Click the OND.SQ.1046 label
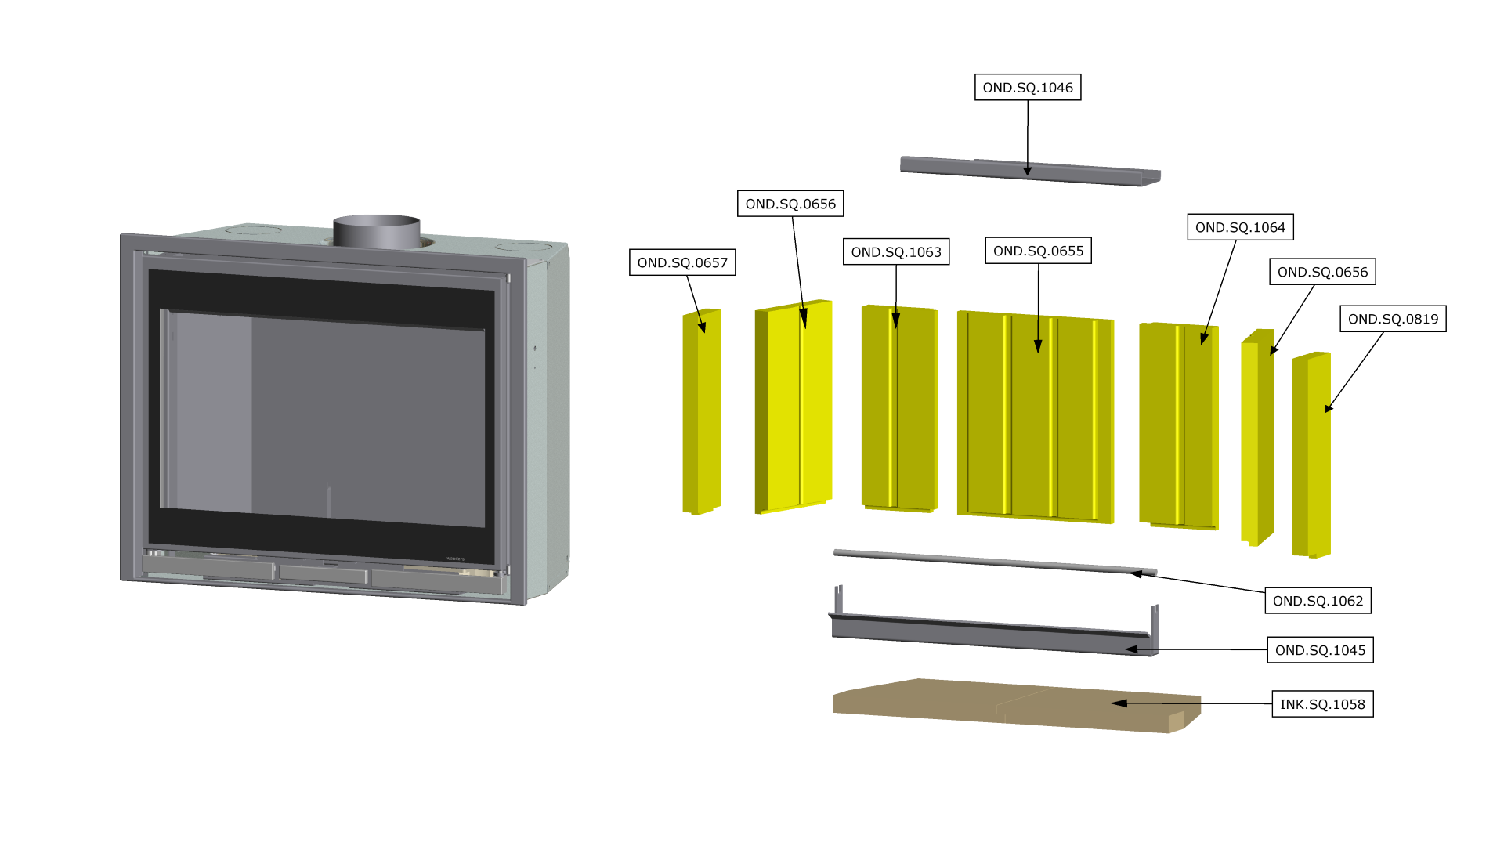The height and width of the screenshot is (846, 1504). [1027, 88]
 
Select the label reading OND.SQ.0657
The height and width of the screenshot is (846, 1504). [682, 262]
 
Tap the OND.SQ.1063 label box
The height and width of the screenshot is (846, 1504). [895, 252]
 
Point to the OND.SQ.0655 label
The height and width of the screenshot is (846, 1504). [1038, 251]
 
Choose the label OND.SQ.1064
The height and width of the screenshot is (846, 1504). [1240, 227]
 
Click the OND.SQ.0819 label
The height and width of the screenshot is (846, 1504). [1393, 319]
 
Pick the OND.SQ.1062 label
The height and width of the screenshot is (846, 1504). [1318, 601]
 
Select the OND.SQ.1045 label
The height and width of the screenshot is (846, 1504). [1320, 650]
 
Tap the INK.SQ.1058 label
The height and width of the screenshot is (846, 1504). [1322, 704]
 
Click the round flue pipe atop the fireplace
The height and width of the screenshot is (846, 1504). [377, 231]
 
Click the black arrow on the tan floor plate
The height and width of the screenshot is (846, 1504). [1120, 703]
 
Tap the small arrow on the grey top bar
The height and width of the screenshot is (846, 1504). [1027, 169]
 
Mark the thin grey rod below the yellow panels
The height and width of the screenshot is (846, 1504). [995, 560]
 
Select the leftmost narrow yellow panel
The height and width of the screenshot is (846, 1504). [702, 411]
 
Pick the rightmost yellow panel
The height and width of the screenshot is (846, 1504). [1311, 454]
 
